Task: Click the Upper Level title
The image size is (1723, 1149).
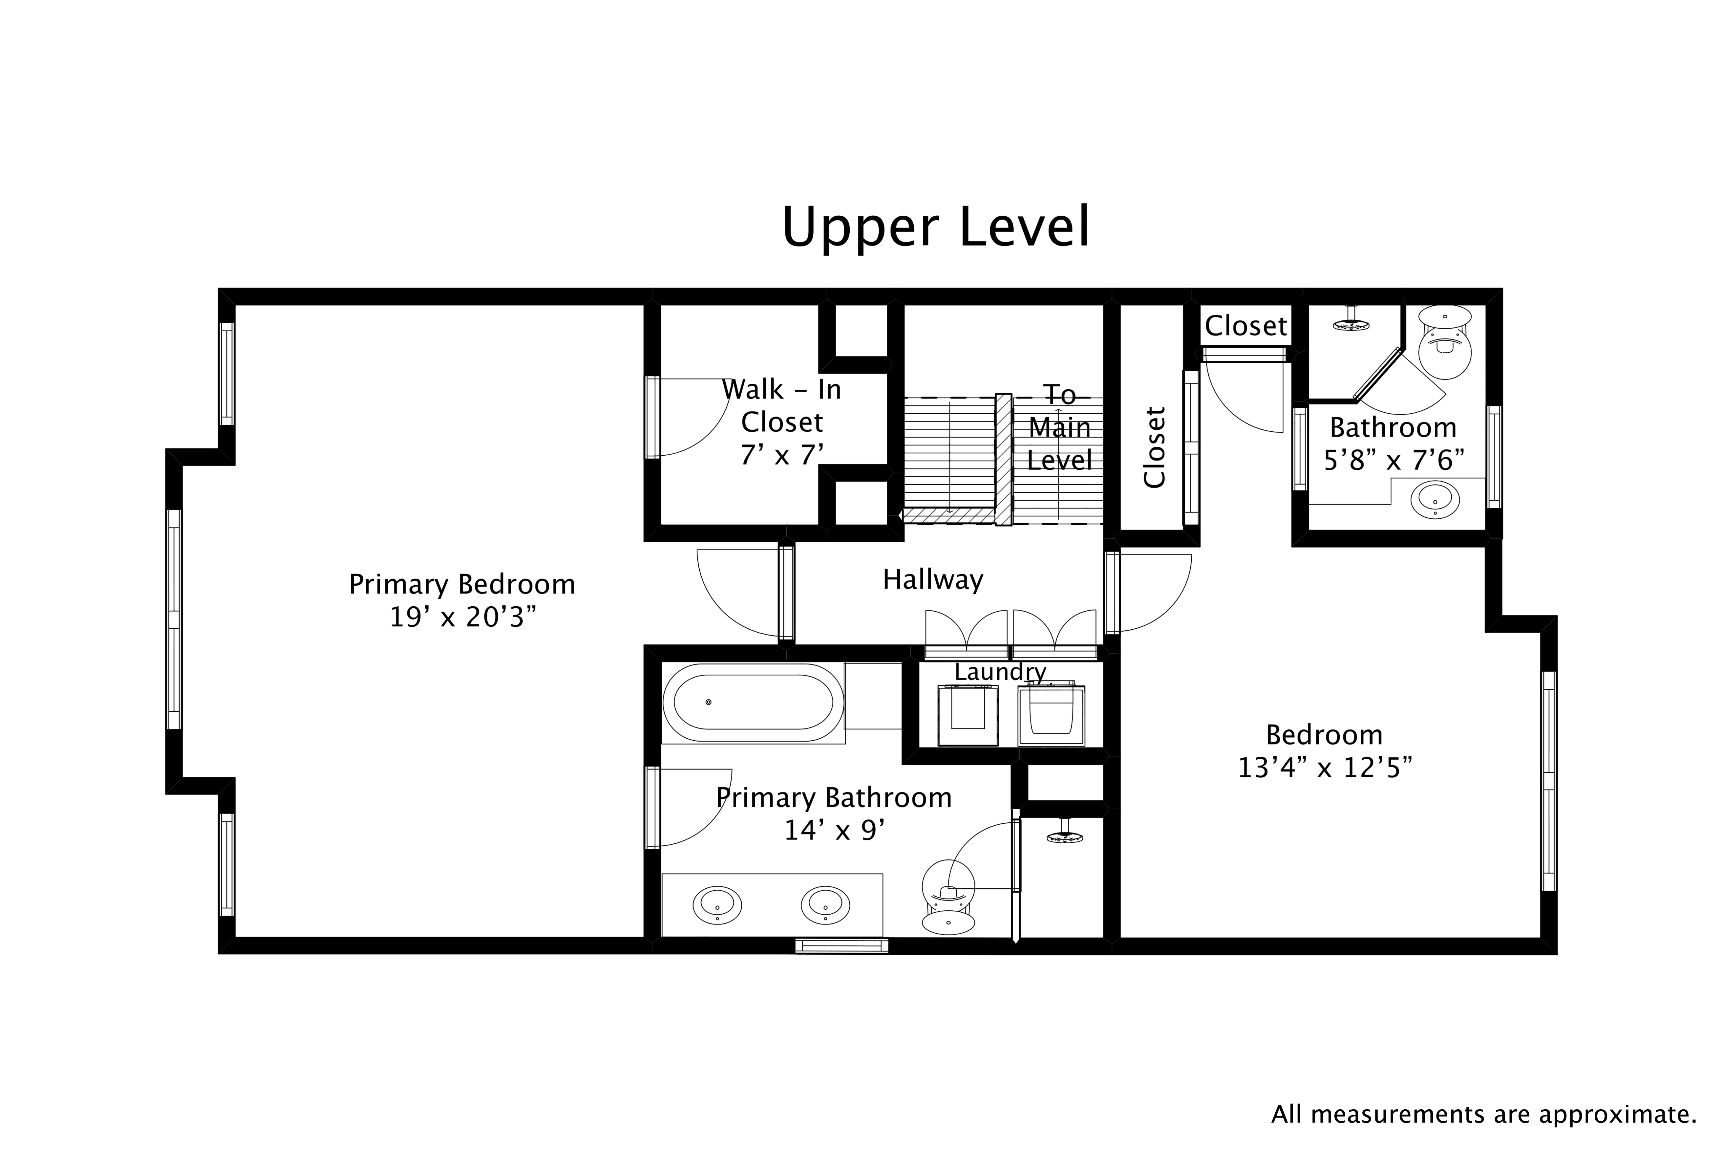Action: click(x=935, y=228)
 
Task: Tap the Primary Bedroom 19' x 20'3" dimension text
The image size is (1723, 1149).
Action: click(x=462, y=618)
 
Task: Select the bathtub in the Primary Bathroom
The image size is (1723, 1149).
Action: click(x=748, y=702)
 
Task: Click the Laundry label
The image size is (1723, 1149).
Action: click(x=1000, y=672)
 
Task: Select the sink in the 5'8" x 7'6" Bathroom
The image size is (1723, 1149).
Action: click(x=1435, y=499)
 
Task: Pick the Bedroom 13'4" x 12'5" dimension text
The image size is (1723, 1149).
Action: click(x=1325, y=768)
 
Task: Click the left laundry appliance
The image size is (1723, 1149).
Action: click(x=968, y=715)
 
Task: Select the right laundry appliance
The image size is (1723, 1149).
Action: click(x=1051, y=715)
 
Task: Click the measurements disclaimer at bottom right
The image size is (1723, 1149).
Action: click(x=1483, y=1115)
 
